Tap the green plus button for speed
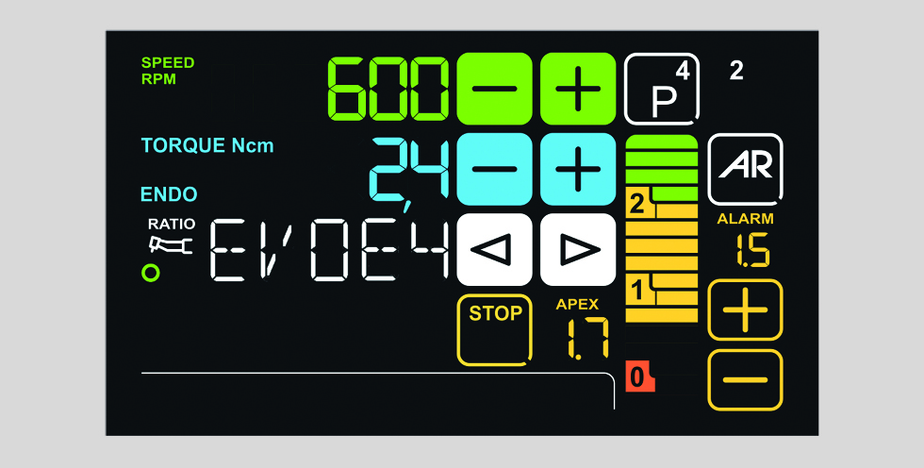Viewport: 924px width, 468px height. tap(577, 89)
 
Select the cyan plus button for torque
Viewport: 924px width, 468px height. tap(577, 170)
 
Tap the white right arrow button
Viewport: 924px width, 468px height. tap(577, 250)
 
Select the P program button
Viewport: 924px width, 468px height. tap(662, 89)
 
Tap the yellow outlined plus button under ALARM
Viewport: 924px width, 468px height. tap(745, 310)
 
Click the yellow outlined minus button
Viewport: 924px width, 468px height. tap(745, 380)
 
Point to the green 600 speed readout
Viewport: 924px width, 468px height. tap(387, 89)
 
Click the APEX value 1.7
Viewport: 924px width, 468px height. tap(586, 338)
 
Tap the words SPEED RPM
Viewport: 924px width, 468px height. tap(168, 71)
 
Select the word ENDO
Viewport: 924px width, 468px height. tap(169, 195)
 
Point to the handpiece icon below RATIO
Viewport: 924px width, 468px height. tap(170, 246)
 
